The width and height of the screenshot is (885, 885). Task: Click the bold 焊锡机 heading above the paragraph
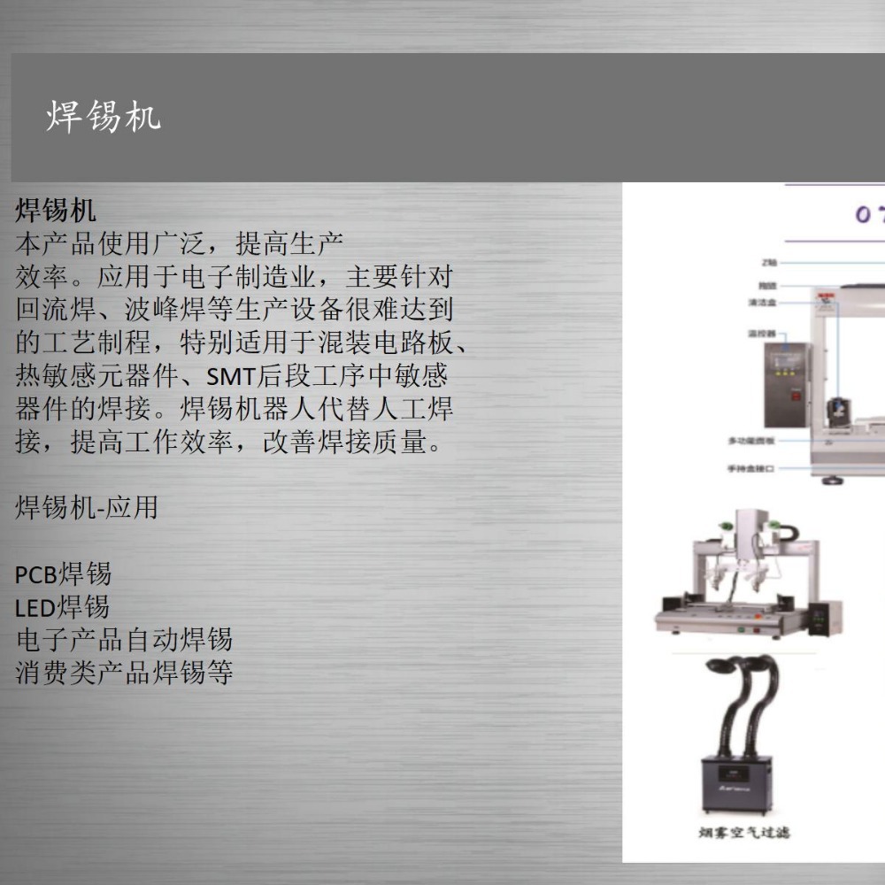tap(56, 211)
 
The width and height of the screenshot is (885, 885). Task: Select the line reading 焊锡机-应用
tap(86, 507)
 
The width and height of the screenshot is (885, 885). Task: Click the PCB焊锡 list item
tap(63, 574)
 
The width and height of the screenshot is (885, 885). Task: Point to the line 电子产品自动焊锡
tap(124, 639)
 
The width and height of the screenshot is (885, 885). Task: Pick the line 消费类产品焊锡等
tap(124, 672)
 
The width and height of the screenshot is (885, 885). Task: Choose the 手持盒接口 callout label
tap(750, 469)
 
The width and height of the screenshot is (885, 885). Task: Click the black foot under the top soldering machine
tap(831, 481)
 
